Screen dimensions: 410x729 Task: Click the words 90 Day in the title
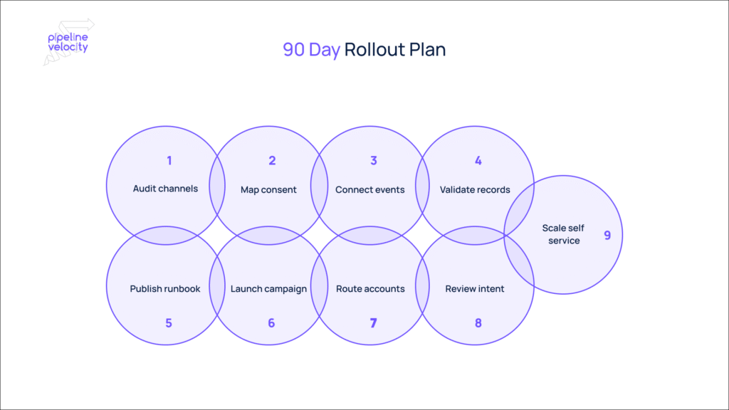click(311, 50)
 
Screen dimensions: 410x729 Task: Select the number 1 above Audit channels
click(169, 161)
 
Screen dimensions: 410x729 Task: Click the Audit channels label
click(165, 189)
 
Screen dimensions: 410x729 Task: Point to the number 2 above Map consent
click(272, 161)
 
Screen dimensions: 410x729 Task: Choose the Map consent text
click(268, 189)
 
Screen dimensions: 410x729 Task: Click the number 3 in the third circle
click(374, 161)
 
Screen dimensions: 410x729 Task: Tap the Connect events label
click(370, 189)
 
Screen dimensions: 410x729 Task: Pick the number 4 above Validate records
click(478, 161)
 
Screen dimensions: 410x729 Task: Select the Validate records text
click(475, 189)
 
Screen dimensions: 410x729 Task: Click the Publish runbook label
click(165, 289)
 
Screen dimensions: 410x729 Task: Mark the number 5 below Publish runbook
click(169, 322)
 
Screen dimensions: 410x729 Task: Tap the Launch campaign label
click(268, 289)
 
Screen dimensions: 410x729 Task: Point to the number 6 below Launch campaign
click(271, 322)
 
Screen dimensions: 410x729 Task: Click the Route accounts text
click(370, 289)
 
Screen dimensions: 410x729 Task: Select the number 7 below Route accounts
click(374, 322)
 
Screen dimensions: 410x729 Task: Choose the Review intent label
click(475, 289)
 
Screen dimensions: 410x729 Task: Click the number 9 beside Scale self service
click(607, 235)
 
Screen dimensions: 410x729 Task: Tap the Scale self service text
click(563, 234)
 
